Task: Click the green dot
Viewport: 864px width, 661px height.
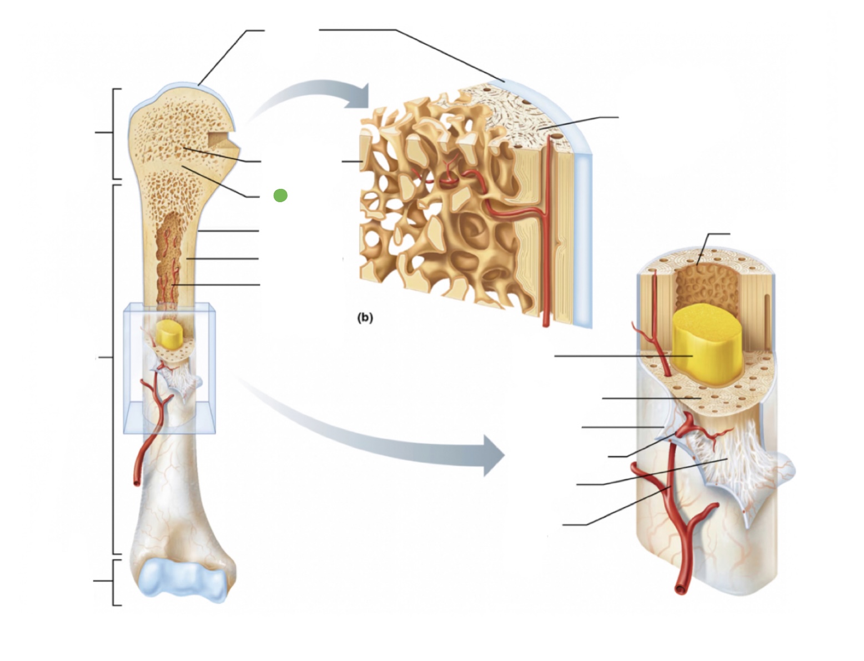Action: pos(280,196)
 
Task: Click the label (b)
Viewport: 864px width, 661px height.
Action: pos(365,318)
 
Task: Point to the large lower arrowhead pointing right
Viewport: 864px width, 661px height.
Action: pos(492,455)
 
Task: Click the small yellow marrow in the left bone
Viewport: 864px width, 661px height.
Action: pos(166,334)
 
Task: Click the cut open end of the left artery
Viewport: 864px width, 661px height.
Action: pos(137,482)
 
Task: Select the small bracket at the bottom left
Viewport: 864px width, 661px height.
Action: pos(114,582)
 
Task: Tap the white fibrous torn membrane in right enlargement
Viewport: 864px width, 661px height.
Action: pos(733,455)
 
